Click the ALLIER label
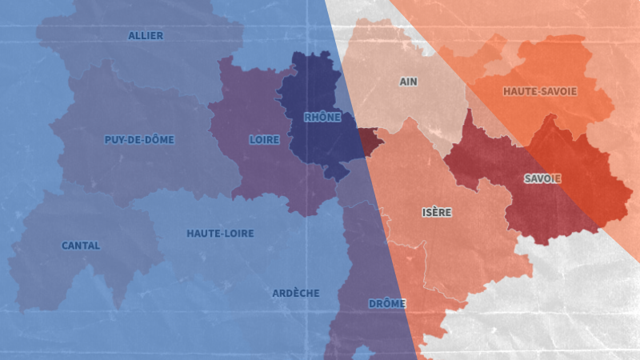click(146, 36)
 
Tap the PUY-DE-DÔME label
click(139, 140)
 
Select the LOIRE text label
click(265, 140)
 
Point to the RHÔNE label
click(322, 118)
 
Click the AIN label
click(408, 82)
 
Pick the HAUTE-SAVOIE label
click(540, 91)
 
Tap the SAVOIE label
click(542, 178)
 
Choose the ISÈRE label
click(437, 213)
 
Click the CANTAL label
click(81, 246)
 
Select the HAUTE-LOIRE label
click(220, 234)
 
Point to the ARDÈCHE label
click(295, 294)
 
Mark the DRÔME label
click(387, 304)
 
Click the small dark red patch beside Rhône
click(370, 142)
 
